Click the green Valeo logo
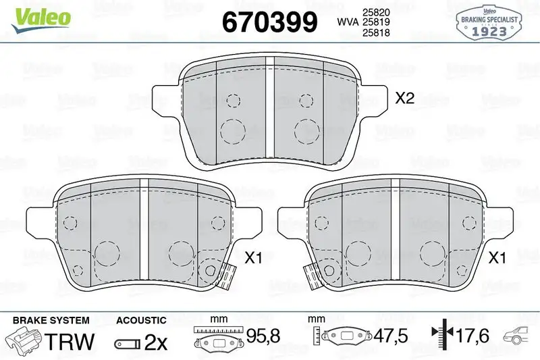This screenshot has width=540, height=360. [x=41, y=20]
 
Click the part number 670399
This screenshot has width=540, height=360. [x=269, y=22]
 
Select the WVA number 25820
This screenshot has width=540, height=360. [x=376, y=12]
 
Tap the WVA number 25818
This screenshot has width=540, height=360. [x=376, y=32]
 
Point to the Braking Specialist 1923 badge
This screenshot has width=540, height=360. [x=489, y=23]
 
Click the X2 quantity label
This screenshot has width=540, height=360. [x=404, y=99]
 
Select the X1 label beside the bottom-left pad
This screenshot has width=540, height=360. [x=254, y=257]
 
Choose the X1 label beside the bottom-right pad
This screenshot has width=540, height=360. [x=497, y=257]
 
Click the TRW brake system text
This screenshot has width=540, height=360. [x=70, y=342]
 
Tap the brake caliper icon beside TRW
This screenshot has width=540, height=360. [x=24, y=340]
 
